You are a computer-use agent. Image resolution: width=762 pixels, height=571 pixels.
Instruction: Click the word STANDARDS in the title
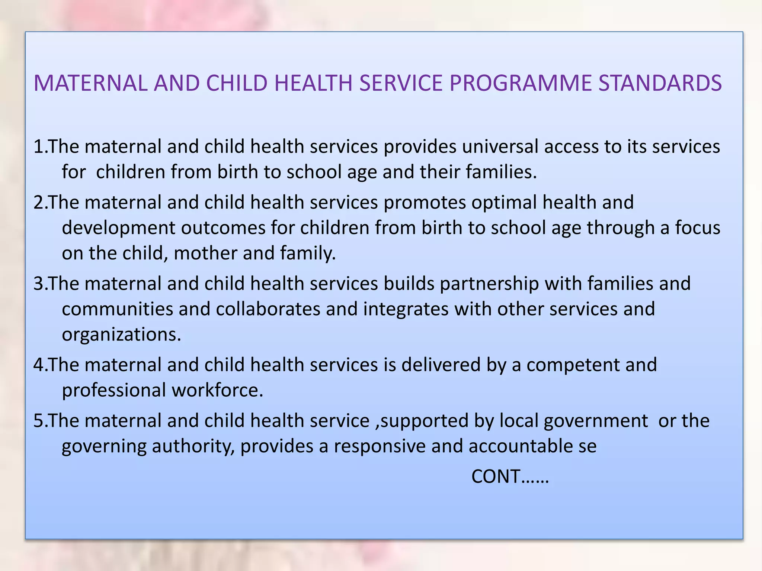[x=660, y=83]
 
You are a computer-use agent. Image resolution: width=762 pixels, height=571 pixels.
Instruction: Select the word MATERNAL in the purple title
[x=90, y=83]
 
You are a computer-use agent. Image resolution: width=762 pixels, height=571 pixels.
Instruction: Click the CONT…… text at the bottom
[x=510, y=476]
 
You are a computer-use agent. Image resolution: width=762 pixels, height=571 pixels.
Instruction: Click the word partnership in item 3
[x=489, y=284]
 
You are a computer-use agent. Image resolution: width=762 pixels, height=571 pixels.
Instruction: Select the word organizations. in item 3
[x=121, y=335]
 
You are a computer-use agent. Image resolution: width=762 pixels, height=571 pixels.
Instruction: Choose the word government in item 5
[x=596, y=421]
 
